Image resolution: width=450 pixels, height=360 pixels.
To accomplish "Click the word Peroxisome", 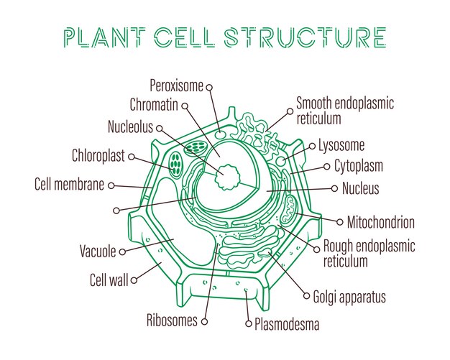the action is [177, 86].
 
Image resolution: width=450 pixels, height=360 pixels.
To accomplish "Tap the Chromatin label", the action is [154, 105].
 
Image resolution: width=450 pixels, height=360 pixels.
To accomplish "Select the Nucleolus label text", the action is [130, 126].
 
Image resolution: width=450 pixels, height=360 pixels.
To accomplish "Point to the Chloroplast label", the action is [98, 156].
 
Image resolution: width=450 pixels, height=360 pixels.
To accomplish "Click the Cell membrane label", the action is [69, 184].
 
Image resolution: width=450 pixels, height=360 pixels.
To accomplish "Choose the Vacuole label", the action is [98, 251].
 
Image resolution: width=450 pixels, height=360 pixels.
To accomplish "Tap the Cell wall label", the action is [109, 280].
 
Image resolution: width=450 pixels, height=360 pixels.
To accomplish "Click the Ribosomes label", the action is [172, 320].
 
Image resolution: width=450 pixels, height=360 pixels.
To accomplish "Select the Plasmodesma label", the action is [287, 324].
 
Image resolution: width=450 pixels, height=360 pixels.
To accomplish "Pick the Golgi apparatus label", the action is [349, 297].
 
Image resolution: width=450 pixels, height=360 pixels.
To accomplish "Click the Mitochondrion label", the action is [381, 222].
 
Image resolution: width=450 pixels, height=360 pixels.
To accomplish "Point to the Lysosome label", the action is [341, 145].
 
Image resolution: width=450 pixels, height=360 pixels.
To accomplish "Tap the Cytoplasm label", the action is [359, 167].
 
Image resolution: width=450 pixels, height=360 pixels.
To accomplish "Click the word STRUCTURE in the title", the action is [305, 37].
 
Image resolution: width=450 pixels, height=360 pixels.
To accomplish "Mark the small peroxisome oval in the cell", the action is [221, 135].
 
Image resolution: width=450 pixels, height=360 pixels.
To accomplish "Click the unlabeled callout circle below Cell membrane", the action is [116, 211].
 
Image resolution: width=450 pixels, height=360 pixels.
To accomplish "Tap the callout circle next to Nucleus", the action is [334, 188].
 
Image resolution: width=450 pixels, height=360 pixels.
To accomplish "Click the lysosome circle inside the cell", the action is [281, 161].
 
